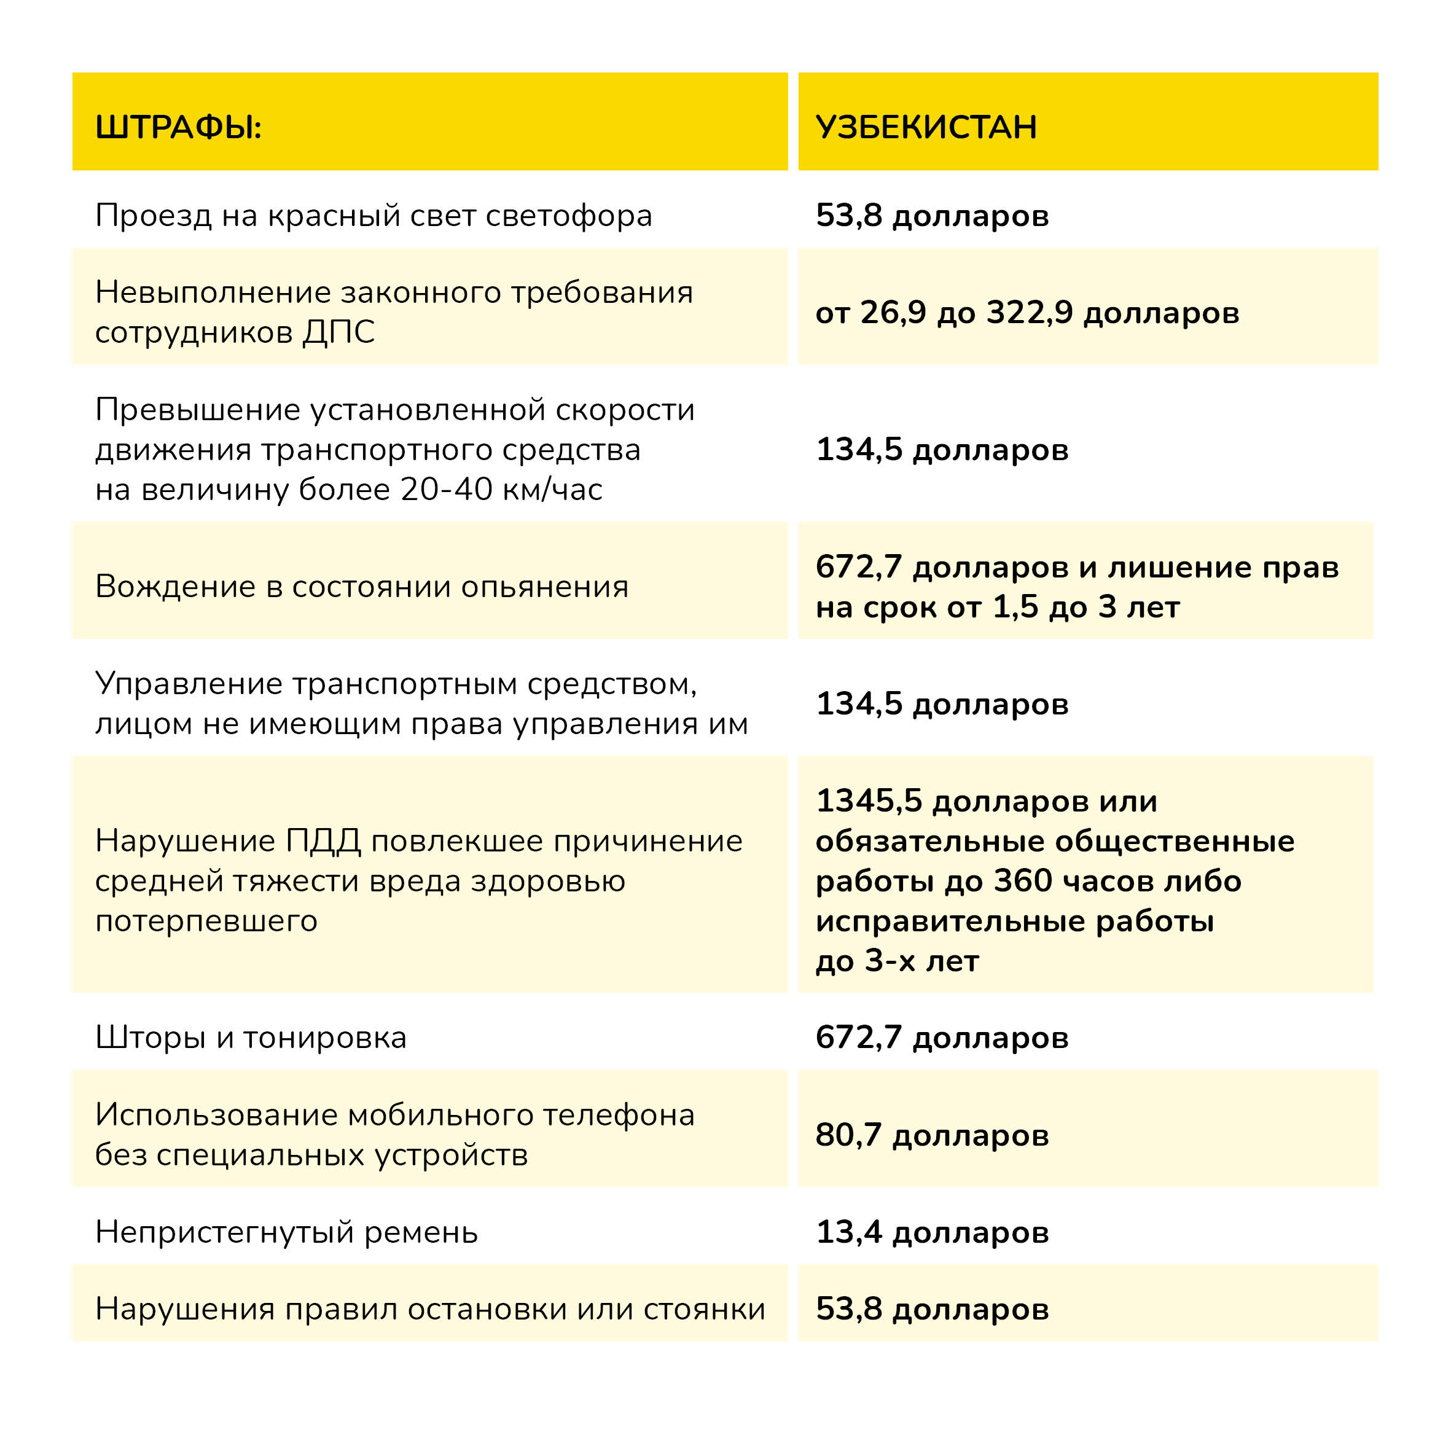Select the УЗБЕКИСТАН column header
point(926,127)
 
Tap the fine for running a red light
point(932,216)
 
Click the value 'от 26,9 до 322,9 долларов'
point(1027,313)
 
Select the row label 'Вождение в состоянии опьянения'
point(361,587)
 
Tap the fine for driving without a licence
point(942,704)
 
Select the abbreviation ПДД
point(324,841)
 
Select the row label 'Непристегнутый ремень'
point(286,1232)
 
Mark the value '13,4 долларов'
point(932,1232)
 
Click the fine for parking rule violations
point(932,1309)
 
